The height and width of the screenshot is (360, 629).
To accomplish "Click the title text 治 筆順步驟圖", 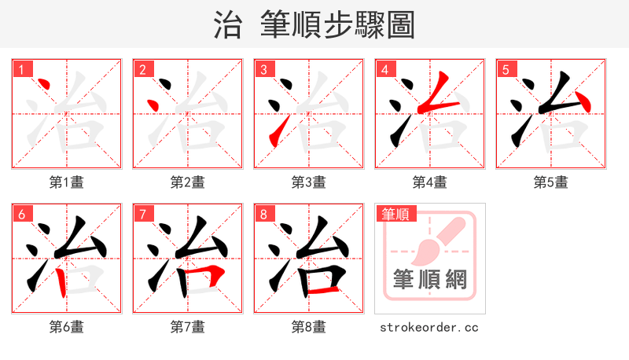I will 314,24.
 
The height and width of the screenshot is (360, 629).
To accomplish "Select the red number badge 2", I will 142,70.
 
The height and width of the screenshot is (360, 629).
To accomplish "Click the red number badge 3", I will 263,70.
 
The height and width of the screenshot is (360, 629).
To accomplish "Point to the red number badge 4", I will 384,70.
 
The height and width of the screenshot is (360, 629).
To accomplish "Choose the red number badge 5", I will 506,70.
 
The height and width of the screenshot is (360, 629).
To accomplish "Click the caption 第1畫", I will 66,182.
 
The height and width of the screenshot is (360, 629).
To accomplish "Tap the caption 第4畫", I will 429,182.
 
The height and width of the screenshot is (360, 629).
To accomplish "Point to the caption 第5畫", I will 550,182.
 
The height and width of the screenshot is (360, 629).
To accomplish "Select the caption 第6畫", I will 66,327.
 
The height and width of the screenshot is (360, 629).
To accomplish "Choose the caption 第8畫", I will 308,327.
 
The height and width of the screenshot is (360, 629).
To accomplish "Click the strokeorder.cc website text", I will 429,327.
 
